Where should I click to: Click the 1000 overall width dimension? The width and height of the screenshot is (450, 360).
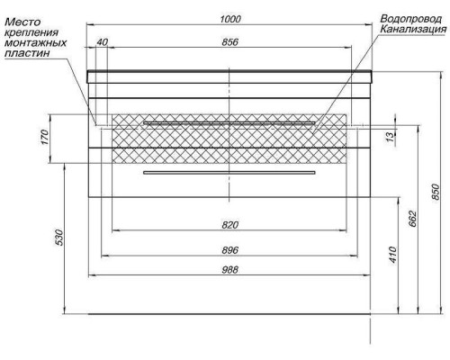(230, 19)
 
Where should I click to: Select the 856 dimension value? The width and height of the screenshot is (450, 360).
(229, 42)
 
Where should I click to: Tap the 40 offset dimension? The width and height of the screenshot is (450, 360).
(102, 42)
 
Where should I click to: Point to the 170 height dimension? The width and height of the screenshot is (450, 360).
(44, 137)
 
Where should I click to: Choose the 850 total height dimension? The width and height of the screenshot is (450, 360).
(436, 192)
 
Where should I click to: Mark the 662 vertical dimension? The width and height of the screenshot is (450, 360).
(413, 219)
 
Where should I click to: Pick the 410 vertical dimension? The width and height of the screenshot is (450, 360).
(392, 255)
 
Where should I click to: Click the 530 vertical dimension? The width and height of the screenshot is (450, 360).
(59, 238)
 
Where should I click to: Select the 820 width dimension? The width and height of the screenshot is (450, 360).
(229, 225)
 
